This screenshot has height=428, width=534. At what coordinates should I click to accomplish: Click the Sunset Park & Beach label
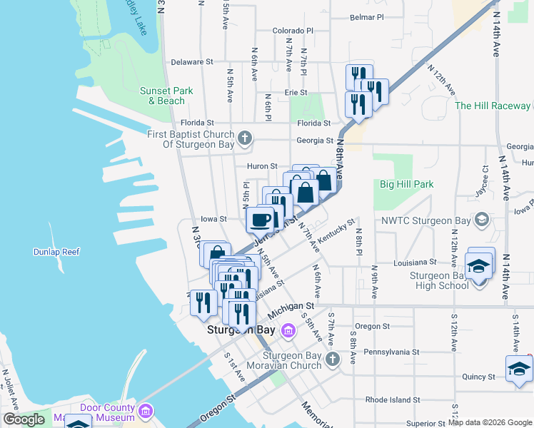coord(166,96)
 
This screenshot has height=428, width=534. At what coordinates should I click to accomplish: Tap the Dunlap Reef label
coord(56,252)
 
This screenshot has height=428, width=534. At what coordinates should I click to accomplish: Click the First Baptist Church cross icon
coord(245,138)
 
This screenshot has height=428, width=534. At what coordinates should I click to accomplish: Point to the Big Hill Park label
coord(406,184)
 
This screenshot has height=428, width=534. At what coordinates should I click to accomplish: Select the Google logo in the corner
coord(24,419)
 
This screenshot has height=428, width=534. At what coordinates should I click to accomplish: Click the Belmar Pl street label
coord(366,16)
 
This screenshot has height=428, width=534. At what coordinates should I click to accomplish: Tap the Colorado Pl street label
coord(293,31)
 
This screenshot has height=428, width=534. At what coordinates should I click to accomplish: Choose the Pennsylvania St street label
coord(391,352)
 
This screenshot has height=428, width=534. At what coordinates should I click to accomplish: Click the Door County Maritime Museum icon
coord(146,412)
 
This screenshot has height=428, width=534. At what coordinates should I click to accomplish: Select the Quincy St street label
coord(478,377)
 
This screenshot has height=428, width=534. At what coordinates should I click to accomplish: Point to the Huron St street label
coord(262,166)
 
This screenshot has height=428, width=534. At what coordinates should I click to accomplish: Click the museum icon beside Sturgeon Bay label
coord(288,330)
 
